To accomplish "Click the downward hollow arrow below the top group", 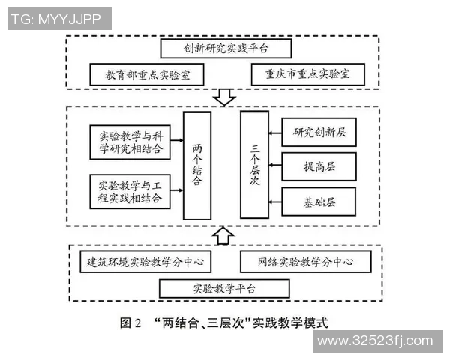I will (x=223, y=97).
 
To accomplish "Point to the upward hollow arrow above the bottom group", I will (x=223, y=235).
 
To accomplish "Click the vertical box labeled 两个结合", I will (x=196, y=165).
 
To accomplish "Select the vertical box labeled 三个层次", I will (x=253, y=165).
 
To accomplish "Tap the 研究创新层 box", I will (x=319, y=133).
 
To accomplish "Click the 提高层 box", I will (x=319, y=166).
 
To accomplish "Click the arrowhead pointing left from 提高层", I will (x=274, y=166).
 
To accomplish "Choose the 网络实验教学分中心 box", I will (x=305, y=262).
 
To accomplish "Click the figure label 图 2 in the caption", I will (x=131, y=322).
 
